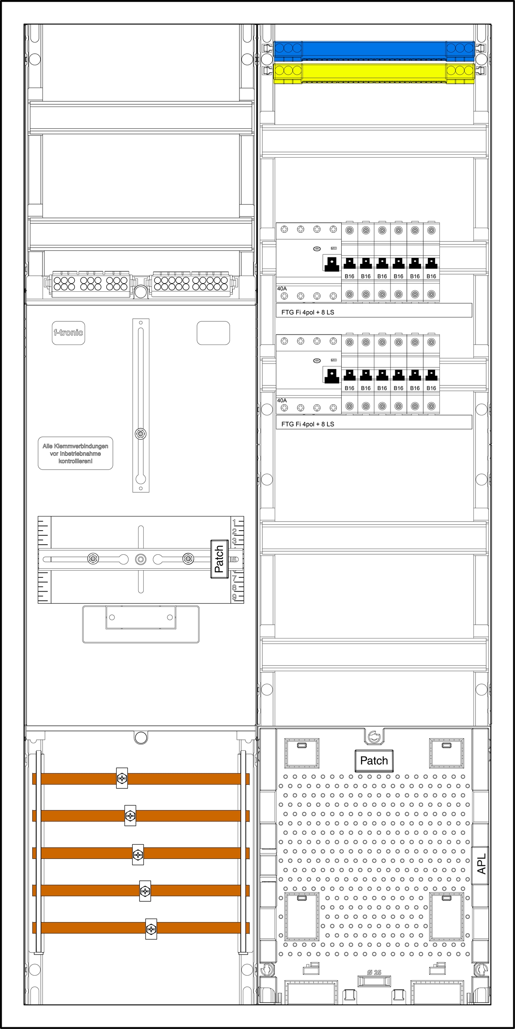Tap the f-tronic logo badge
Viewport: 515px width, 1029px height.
68,333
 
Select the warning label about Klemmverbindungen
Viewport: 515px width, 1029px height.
76,454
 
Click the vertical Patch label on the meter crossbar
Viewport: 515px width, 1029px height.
219,559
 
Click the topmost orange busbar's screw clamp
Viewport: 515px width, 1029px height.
122,778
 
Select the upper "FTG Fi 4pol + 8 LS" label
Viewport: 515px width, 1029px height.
308,312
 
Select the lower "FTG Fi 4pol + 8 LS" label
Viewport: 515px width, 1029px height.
308,424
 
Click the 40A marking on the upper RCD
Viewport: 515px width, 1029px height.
282,289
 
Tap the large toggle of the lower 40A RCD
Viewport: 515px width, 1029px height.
332,376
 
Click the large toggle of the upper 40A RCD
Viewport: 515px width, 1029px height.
332,264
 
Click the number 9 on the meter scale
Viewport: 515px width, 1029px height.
234,597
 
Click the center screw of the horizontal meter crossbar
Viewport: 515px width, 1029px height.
141,559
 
